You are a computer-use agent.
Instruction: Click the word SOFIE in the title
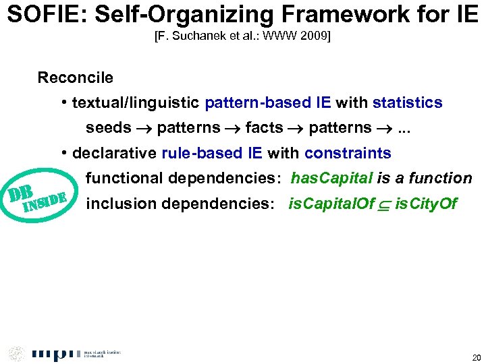coord(40,14)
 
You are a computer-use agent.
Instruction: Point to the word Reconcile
coord(75,78)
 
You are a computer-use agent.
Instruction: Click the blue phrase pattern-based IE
coord(268,102)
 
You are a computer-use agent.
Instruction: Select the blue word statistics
coord(407,102)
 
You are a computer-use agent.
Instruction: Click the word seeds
coord(108,128)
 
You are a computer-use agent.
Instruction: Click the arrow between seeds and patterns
coord(144,128)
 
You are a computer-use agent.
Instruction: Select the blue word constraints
coord(347,153)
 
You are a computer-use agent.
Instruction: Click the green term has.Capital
coord(331,179)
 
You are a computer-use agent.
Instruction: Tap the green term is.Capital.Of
coord(331,204)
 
